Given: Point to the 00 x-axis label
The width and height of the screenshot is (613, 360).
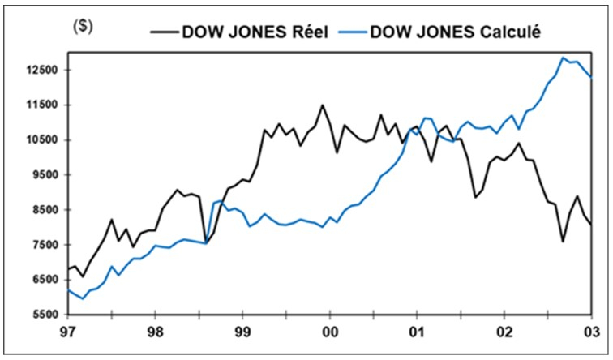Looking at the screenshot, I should (x=330, y=333).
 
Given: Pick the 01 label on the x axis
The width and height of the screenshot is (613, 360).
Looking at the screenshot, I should (x=418, y=333).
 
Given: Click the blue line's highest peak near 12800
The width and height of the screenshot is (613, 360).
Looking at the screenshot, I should (x=563, y=58).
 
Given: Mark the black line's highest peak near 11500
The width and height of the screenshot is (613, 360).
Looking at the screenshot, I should (x=322, y=105).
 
